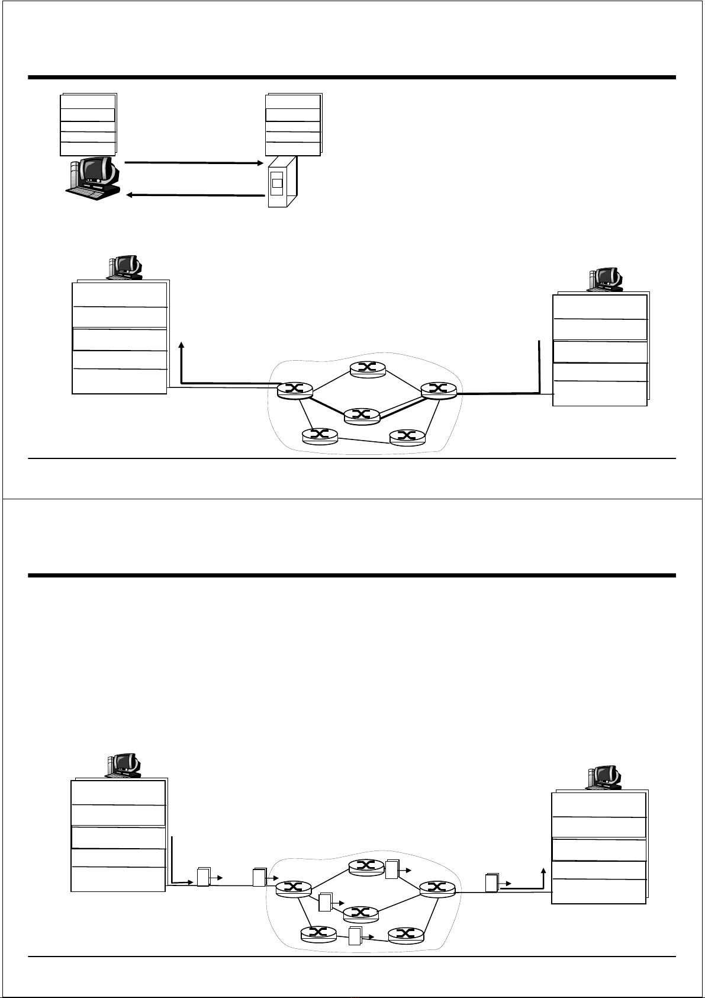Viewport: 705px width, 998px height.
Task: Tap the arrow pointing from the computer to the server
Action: (194, 162)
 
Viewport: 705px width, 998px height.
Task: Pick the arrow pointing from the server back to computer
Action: (194, 195)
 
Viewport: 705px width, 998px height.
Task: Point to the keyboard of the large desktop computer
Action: (89, 190)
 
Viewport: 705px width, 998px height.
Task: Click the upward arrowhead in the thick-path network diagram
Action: (181, 345)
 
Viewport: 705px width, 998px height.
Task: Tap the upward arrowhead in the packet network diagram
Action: (543, 872)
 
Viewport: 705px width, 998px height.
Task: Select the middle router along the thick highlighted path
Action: (362, 415)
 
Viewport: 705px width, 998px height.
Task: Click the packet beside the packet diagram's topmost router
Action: (392, 868)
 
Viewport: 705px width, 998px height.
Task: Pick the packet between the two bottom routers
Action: (355, 936)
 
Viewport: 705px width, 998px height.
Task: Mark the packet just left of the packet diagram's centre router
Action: (324, 902)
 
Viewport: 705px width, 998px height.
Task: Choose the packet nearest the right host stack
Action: (491, 883)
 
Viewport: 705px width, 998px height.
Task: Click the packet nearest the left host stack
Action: (203, 877)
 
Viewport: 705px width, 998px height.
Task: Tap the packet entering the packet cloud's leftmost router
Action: (259, 877)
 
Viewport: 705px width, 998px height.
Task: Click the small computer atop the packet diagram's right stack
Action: (604, 777)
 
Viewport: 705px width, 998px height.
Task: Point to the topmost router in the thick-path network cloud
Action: (367, 368)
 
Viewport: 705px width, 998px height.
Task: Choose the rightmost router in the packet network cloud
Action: (437, 887)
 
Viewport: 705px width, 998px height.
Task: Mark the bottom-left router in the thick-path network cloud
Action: (320, 435)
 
